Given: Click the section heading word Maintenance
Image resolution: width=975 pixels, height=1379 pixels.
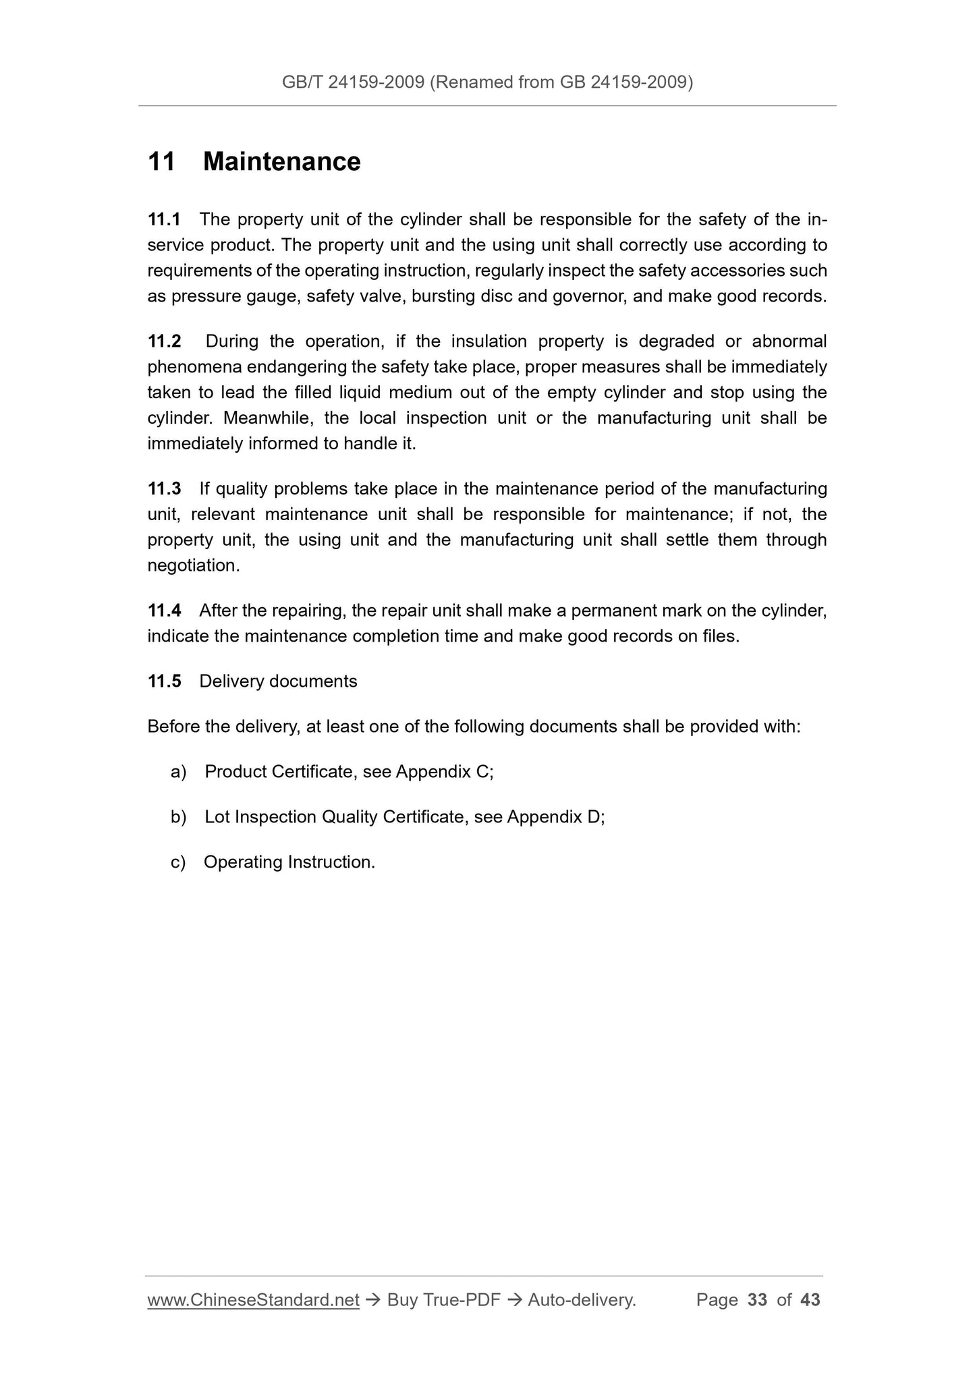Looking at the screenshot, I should pos(281,162).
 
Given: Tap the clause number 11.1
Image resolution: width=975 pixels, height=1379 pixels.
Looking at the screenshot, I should pos(164,220).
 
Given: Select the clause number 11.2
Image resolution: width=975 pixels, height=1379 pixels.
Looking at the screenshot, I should pos(164,342).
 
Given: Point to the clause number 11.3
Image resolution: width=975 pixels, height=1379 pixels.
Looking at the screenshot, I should pos(164,488).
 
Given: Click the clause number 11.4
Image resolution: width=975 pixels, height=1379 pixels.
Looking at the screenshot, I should pos(164,611).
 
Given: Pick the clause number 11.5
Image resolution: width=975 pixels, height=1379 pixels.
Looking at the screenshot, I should pos(164,681).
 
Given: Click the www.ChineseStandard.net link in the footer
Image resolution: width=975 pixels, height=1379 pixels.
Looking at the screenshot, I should pos(253,1300).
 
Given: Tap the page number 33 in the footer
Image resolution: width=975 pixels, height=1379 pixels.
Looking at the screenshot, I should pos(758,1300).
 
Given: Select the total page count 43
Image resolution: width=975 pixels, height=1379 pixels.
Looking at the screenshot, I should pos(810,1300).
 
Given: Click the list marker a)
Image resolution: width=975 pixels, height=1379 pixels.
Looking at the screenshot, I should pos(178,772).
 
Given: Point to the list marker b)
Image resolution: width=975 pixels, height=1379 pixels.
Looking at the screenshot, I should pos(178,818).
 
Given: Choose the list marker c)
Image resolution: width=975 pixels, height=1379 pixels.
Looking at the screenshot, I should pos(178,862).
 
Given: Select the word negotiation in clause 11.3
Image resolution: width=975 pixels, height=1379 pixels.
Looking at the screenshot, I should pos(193,566).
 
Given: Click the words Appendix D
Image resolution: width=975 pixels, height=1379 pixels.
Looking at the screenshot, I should pos(553,818).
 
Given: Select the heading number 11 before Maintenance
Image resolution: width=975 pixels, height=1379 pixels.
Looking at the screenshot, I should pos(161,162).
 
